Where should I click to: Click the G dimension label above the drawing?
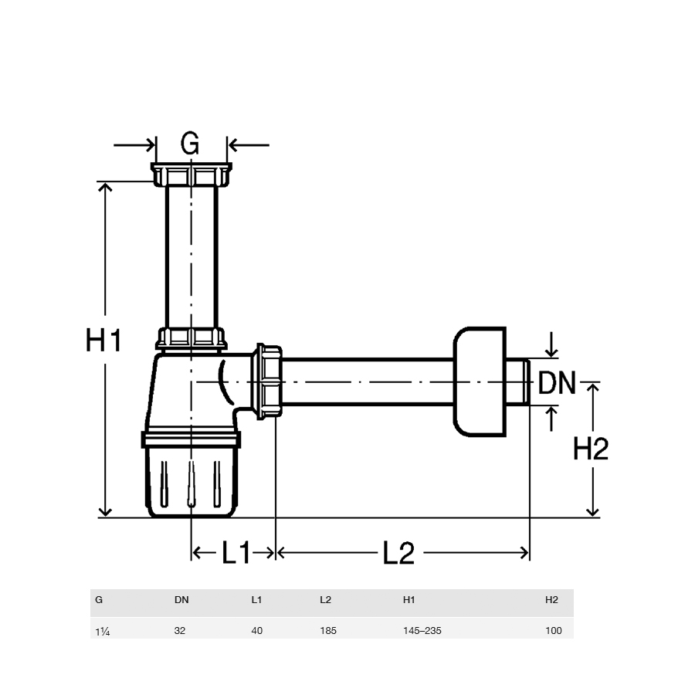point(190,144)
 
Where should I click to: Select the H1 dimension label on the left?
point(103,340)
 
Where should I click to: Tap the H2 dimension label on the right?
point(591,448)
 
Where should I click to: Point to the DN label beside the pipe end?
point(557,382)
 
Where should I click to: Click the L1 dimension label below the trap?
point(236,552)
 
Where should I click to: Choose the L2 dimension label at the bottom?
point(398,553)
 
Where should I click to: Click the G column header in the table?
point(99,600)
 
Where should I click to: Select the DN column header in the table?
point(181,600)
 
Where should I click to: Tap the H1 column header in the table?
point(409,600)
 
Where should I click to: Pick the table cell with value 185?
point(328,630)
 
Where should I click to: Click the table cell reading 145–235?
point(422,630)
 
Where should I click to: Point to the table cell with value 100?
point(553,630)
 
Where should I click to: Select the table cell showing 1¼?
point(103,631)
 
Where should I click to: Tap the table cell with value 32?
point(179,630)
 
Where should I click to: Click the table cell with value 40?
point(256,630)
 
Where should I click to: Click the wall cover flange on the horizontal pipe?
point(480,381)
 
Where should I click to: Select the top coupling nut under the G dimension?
point(191,175)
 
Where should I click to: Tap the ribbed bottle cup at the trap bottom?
point(191,482)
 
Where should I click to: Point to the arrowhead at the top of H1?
point(105,187)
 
